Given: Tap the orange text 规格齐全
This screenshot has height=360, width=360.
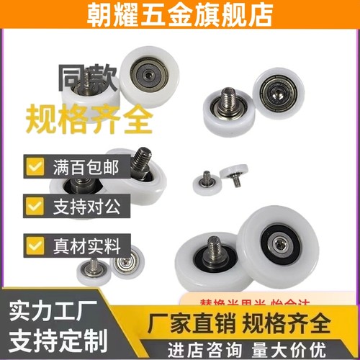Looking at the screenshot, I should (x=91, y=119).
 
